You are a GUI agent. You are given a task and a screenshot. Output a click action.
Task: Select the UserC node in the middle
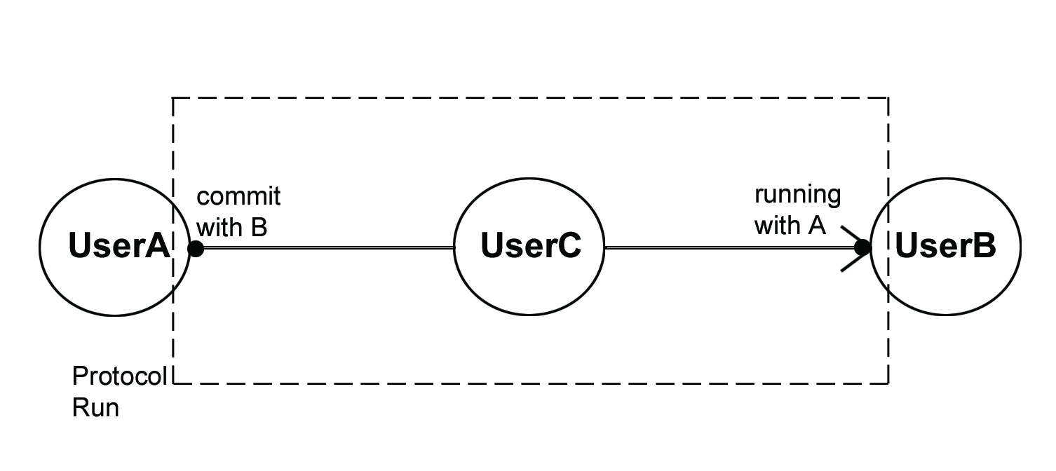(529, 247)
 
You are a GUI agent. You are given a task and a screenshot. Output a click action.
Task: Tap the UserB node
(945, 247)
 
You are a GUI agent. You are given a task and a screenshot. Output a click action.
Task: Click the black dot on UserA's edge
(196, 248)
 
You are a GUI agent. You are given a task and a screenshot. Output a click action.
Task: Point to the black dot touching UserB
(862, 247)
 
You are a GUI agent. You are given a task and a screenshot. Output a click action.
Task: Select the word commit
(238, 197)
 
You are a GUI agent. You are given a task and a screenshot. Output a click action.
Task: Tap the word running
(797, 194)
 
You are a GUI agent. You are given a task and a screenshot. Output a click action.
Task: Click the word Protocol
(120, 377)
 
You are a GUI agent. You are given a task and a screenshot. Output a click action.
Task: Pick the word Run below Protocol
(95, 407)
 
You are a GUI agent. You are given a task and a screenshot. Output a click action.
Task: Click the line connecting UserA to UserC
(326, 248)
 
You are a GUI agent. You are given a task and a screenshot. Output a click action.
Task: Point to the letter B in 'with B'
(259, 227)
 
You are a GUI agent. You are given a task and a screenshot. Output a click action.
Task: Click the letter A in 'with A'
(817, 226)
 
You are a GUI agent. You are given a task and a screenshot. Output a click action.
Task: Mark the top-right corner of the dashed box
(888, 99)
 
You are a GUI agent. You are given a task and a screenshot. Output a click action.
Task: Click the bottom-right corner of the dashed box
(888, 383)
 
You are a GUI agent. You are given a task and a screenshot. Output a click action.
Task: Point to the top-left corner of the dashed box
(173, 99)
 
